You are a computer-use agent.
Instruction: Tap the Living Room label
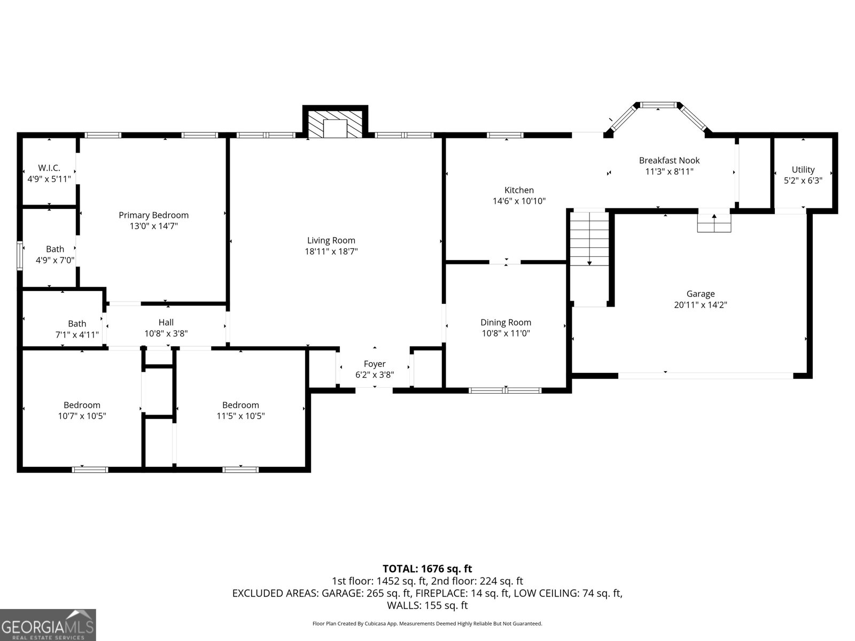[331, 240]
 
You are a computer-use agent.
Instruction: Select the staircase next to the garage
[589, 239]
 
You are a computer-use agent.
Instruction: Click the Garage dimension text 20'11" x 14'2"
[700, 305]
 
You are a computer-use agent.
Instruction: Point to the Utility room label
[803, 170]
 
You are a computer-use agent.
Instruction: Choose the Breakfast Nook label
[669, 160]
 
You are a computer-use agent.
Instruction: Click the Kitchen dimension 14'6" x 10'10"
[519, 201]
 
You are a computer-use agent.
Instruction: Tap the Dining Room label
[506, 322]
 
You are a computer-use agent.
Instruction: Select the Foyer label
[374, 364]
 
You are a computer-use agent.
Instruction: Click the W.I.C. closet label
[49, 168]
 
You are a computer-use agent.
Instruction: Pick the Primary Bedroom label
[153, 215]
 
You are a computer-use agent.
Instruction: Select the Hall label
[166, 322]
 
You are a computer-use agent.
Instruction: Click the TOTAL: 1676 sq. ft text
[427, 569]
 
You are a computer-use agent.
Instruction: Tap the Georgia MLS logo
[48, 625]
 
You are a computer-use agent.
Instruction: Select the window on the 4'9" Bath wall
[20, 256]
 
